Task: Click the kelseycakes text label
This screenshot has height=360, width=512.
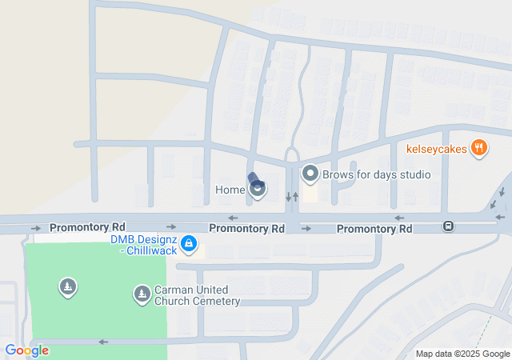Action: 437,148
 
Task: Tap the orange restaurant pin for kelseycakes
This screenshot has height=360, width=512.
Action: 479,147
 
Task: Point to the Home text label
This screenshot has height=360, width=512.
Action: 230,190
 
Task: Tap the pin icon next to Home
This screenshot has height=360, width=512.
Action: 258,190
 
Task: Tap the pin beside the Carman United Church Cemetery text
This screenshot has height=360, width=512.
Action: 142,295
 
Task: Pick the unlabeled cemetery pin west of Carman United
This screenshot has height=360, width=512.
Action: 68,286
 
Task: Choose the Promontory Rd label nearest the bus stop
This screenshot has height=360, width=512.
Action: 374,229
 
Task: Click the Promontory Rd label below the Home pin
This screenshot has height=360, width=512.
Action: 246,228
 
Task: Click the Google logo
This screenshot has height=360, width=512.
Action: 26,350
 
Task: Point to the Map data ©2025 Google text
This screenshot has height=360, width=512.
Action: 462,354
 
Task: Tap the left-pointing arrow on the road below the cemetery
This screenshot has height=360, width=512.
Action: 102,342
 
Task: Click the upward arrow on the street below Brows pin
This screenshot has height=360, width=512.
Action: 296,197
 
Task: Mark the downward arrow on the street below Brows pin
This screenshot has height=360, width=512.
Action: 288,197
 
